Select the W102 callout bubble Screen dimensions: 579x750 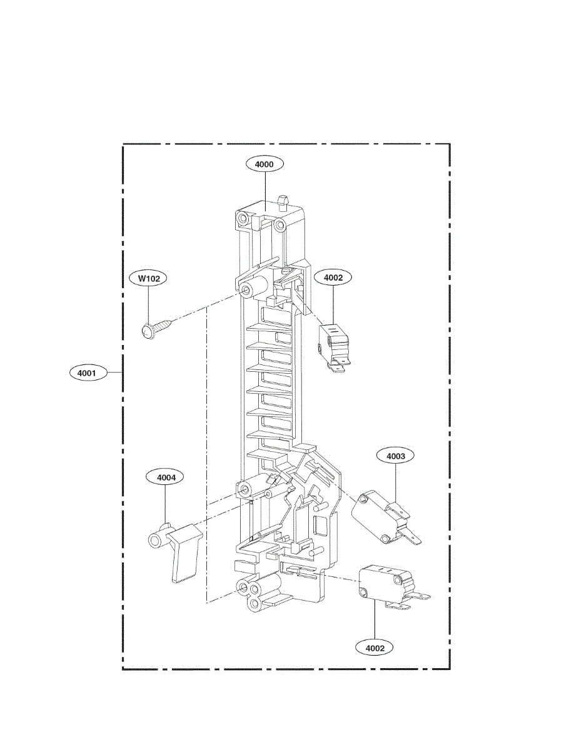pyautogui.click(x=148, y=278)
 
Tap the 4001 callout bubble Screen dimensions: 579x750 pyautogui.click(x=86, y=373)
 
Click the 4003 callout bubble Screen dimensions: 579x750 pyautogui.click(x=395, y=456)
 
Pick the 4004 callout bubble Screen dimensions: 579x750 pyautogui.click(x=166, y=477)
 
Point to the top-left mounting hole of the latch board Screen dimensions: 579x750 pyautogui.click(x=241, y=219)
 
